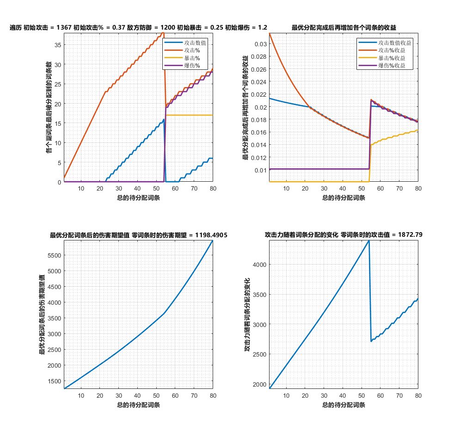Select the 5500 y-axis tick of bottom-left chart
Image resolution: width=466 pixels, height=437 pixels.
[x=55, y=255]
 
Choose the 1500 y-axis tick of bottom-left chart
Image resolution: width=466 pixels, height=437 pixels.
[x=55, y=381]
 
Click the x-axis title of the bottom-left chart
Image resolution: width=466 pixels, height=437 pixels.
[x=138, y=405]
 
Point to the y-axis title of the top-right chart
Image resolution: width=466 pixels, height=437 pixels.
[x=245, y=107]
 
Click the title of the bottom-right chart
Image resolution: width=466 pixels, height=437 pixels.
[x=343, y=235]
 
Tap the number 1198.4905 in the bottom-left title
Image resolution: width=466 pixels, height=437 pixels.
[x=208, y=235]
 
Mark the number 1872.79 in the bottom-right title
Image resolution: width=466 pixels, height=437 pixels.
[x=410, y=235]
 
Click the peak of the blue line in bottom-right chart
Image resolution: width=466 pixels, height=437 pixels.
[x=369, y=240]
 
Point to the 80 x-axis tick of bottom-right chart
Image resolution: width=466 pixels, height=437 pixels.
[x=417, y=396]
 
